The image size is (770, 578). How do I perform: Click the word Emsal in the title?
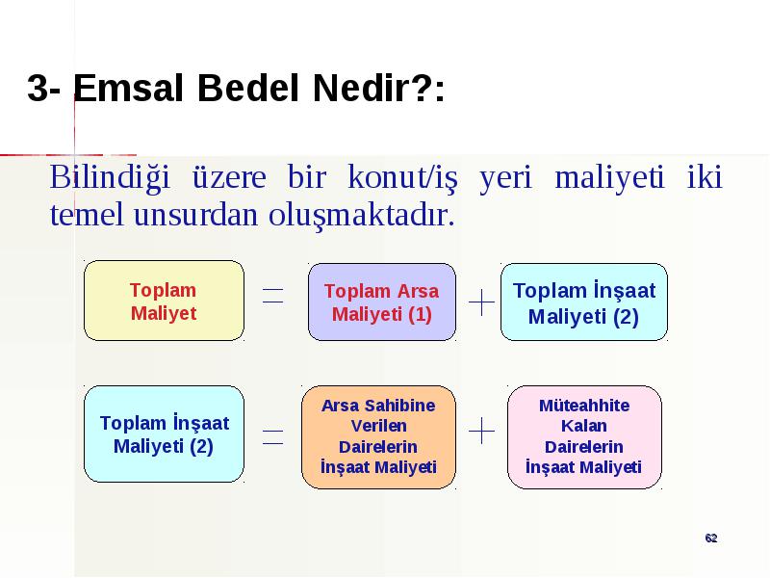pos(128,88)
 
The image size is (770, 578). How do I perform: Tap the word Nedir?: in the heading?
pos(379,88)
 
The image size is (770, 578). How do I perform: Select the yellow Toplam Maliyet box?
pos(164,301)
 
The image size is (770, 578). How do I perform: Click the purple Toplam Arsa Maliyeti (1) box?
pos(382,302)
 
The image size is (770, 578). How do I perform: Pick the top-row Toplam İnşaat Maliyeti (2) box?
pos(584,302)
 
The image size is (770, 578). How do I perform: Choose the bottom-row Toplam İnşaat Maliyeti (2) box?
pos(164,434)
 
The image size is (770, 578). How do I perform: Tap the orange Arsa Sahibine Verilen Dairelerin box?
pos(378,437)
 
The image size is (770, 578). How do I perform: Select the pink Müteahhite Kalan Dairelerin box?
pos(584,437)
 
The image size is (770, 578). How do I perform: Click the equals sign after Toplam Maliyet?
pos(273,296)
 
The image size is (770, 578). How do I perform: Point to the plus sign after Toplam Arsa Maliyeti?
pos(482,302)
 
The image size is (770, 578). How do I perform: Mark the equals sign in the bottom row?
pos(273,436)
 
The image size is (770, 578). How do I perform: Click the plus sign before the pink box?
pos(482,431)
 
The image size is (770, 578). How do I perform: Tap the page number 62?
pos(711,539)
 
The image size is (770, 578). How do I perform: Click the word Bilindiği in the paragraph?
pos(110,177)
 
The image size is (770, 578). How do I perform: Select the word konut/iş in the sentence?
pos(402,177)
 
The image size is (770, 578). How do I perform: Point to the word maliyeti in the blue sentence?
pos(609,177)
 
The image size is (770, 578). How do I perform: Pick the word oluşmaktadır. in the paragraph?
pos(362,215)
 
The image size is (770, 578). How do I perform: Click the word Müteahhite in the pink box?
pos(584,406)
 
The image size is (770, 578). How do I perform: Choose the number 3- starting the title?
pos(43,89)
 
